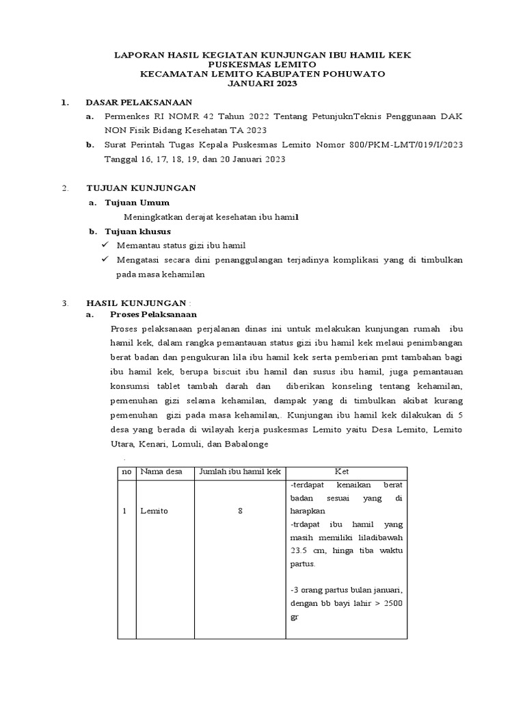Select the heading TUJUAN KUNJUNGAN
pos(141,187)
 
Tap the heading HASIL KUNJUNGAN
pos(136,302)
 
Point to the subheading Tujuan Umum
pos(137,203)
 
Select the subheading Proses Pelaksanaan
pos(153,314)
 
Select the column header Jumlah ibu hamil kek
pos(240,472)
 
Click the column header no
pos(126,472)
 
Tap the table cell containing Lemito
pos(154,511)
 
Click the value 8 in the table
pos(240,511)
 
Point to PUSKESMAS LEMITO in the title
pos(262,63)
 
